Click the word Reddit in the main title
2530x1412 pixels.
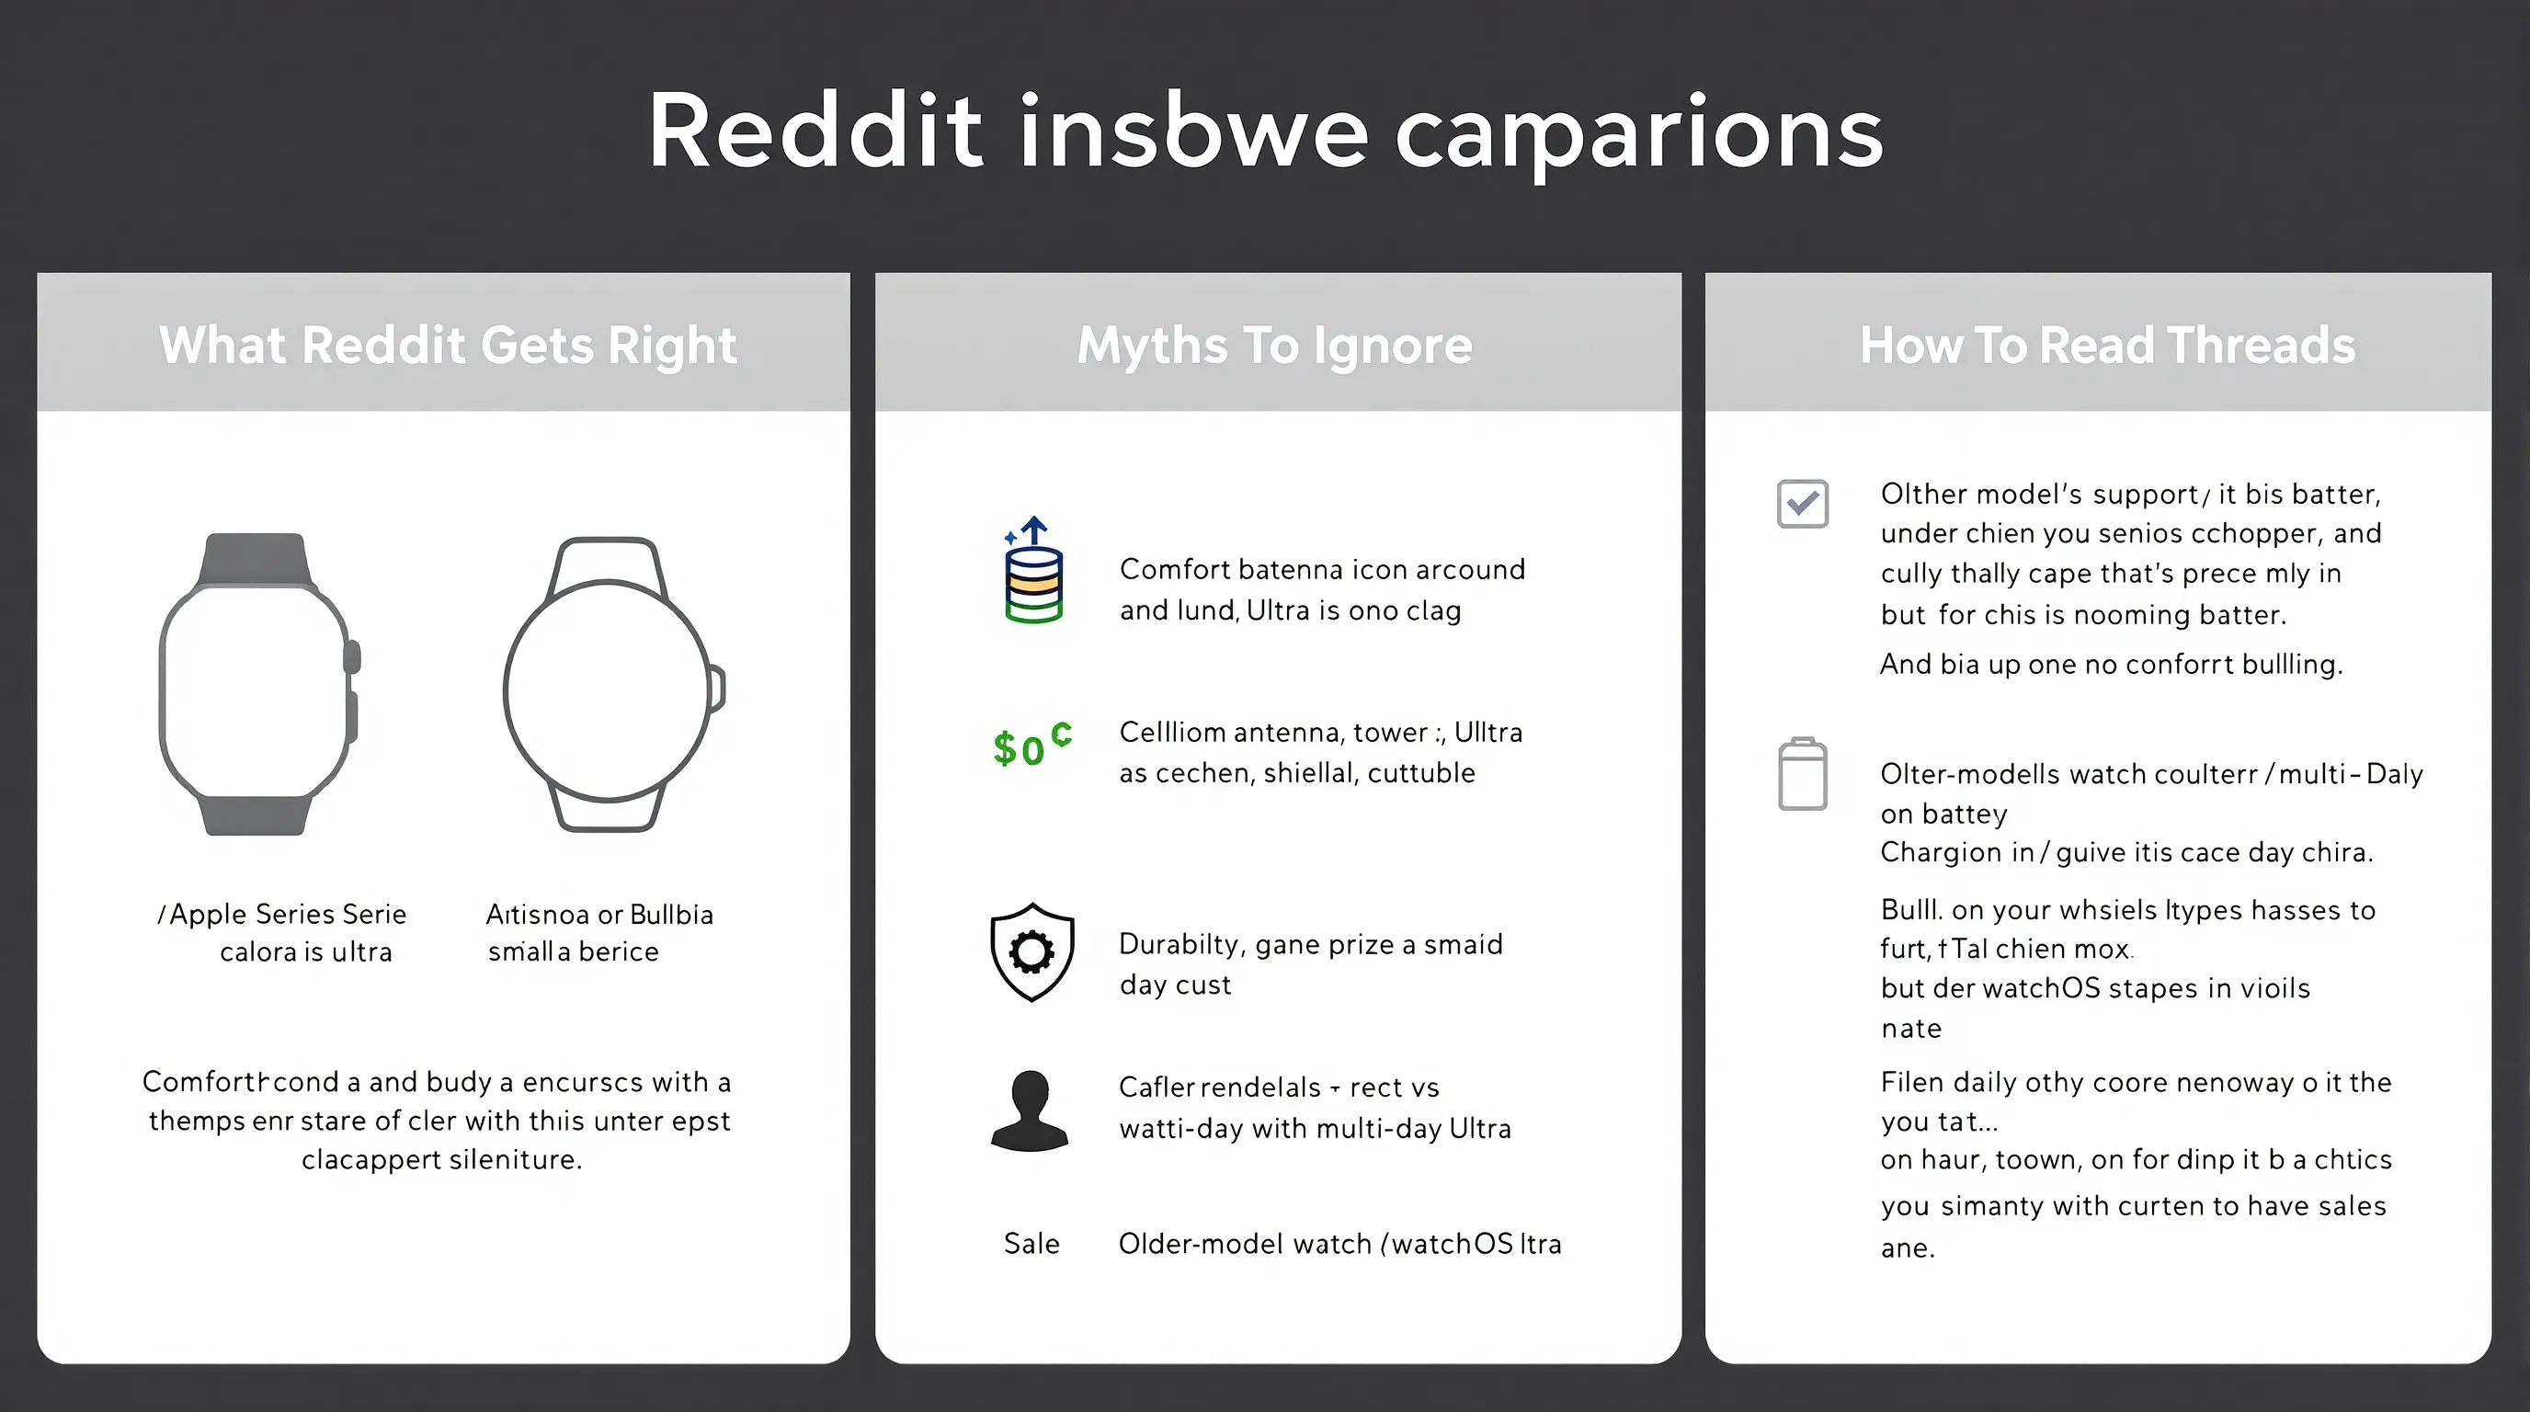[815, 132]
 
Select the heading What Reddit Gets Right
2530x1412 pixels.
[448, 346]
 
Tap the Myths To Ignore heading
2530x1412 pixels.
[1275, 346]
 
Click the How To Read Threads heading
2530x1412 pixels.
[2108, 346]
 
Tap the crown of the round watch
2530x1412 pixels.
[719, 688]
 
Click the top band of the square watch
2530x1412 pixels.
[256, 558]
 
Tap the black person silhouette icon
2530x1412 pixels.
[1030, 1110]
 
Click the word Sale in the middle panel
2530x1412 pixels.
[1031, 1244]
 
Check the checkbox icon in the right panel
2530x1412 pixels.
[1802, 504]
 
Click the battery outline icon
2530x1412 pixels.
[1802, 775]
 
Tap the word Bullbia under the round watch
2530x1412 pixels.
[672, 914]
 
